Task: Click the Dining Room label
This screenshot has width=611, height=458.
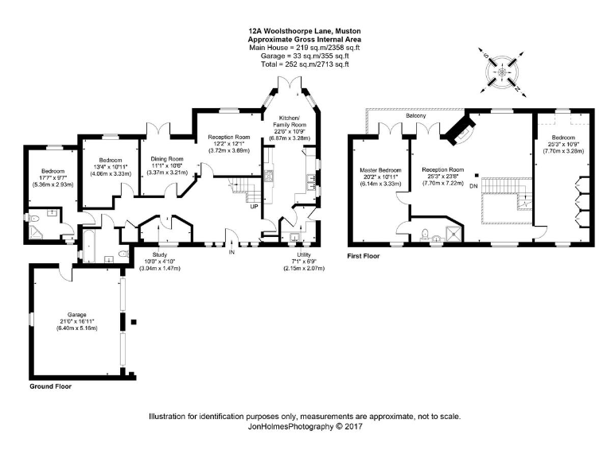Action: coord(167,159)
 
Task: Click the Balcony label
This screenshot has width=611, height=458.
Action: coord(415,116)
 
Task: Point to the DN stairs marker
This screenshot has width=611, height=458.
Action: coord(474,186)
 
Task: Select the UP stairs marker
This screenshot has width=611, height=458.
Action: coord(254,207)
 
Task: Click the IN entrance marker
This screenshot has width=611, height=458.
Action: coord(232,252)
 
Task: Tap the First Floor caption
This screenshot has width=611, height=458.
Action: coord(364,256)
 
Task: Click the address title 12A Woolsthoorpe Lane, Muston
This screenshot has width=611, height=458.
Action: coord(305,31)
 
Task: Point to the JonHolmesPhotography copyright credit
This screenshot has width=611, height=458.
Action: coord(305,426)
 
